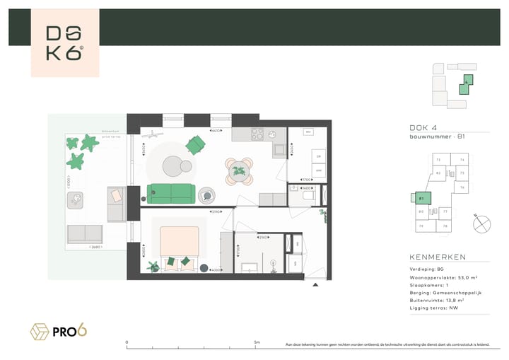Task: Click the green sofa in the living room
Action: point(171,191)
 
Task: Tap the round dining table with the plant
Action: point(238,169)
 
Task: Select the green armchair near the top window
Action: point(194,145)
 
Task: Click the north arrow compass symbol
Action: point(482,223)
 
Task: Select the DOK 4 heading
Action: point(422,127)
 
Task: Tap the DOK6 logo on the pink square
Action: point(64,43)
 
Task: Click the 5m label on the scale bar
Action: point(257,342)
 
